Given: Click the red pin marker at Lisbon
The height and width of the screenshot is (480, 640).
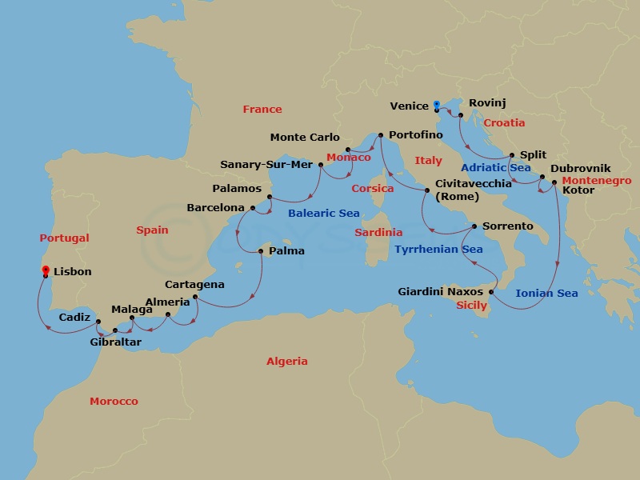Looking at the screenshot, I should coord(46,270).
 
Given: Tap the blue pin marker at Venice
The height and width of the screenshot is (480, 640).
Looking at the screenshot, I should coord(436,105).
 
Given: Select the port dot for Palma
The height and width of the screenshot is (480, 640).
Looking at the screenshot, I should coord(261,252).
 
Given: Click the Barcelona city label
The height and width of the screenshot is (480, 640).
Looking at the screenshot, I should coord(215,207).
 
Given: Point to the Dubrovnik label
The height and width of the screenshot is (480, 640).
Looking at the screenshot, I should coord(581,168).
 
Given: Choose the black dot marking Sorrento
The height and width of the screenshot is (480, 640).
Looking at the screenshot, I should coord(474,226).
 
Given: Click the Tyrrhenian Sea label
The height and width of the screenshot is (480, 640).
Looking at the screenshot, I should coord(438,250).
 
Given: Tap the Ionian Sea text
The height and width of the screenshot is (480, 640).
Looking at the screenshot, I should coord(546,294).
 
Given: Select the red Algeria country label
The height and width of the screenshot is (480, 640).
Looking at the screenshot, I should coord(286,362).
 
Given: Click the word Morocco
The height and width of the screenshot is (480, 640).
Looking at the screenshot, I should coord(114,402).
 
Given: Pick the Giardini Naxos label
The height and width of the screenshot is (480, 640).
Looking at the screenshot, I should coord(440,292).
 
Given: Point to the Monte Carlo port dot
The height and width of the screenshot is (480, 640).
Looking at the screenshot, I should coord(347,150).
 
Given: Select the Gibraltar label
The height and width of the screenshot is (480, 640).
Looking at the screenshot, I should coord(116,342).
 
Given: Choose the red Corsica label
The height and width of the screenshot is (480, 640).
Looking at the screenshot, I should coord(373,189).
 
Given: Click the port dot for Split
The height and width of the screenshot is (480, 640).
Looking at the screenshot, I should coord(512,156).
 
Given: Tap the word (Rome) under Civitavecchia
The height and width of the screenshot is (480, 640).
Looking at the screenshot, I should coord(457,197).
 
